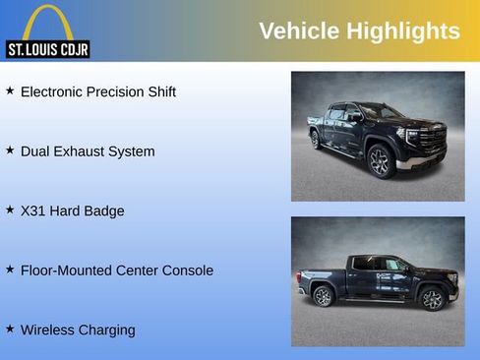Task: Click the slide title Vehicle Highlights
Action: click(359, 30)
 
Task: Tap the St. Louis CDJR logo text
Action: click(48, 49)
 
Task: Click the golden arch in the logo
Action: click(48, 22)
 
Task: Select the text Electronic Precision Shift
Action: click(98, 91)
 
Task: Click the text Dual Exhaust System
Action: click(88, 151)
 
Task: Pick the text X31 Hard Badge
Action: click(73, 210)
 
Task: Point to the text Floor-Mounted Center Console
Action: click(117, 270)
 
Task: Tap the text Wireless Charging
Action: click(78, 330)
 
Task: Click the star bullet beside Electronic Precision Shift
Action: click(10, 90)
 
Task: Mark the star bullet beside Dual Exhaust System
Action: click(10, 150)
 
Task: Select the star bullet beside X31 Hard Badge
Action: click(10, 210)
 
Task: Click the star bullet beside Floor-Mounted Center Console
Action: click(10, 270)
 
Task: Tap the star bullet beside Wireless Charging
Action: click(10, 329)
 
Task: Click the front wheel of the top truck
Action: click(381, 160)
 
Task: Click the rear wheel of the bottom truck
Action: click(323, 296)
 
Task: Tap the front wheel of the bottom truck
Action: click(431, 298)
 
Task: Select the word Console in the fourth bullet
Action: click(187, 270)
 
